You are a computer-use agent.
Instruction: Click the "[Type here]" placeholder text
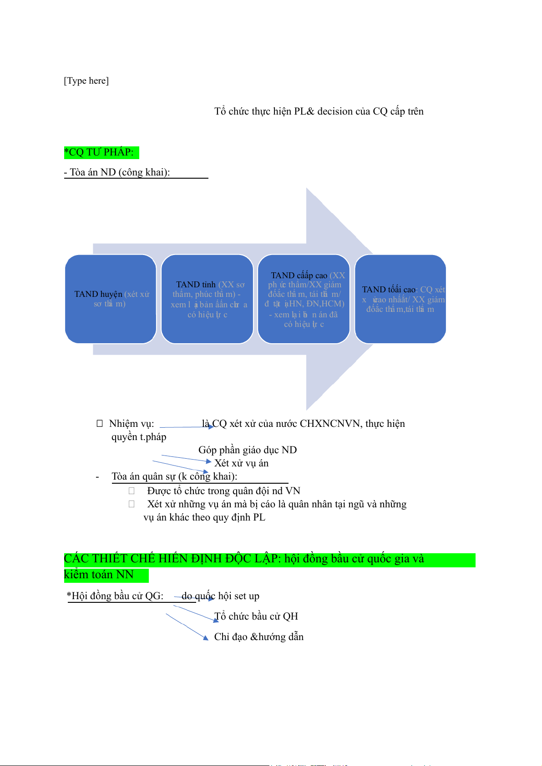click(86, 81)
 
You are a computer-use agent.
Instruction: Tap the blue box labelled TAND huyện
click(111, 299)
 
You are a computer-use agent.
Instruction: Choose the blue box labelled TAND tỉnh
click(207, 299)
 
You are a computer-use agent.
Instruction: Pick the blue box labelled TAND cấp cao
click(304, 299)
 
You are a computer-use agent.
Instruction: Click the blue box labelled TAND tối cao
click(400, 299)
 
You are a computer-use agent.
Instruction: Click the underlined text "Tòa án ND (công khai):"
click(119, 172)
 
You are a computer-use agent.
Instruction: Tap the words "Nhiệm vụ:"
click(132, 424)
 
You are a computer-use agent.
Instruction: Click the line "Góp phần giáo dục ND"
click(248, 450)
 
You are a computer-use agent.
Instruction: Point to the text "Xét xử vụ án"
click(242, 463)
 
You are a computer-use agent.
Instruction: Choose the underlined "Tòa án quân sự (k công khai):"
click(174, 476)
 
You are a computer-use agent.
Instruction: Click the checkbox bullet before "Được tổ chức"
click(132, 491)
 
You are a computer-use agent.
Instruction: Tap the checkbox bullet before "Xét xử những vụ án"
click(132, 504)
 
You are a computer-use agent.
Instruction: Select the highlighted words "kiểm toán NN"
click(99, 575)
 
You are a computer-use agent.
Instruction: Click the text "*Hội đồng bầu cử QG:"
click(115, 596)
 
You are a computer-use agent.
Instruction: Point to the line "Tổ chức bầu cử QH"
click(256, 616)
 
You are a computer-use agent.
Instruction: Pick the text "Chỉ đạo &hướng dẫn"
click(259, 637)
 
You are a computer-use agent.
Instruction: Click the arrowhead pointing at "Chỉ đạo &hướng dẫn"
click(206, 637)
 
